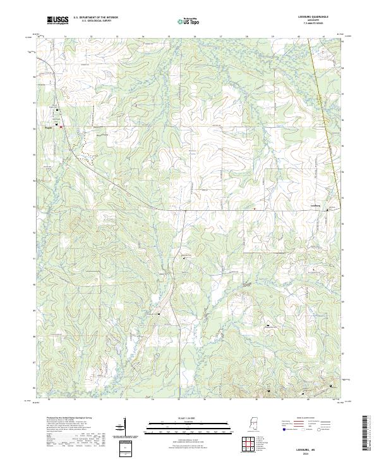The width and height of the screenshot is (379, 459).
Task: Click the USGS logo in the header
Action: (x=58, y=20)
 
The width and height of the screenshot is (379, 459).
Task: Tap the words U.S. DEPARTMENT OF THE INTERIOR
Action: (x=95, y=18)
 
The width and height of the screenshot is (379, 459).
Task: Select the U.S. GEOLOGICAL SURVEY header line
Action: (x=95, y=22)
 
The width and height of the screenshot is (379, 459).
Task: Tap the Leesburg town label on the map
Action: (x=317, y=205)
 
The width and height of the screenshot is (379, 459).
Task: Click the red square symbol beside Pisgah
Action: (x=61, y=127)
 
